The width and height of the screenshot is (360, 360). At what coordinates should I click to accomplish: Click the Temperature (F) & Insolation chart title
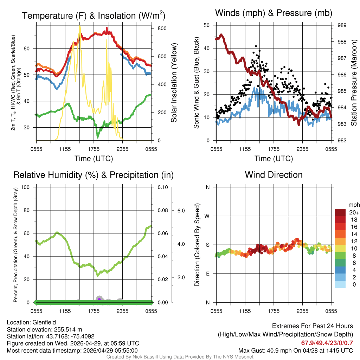point(94,15)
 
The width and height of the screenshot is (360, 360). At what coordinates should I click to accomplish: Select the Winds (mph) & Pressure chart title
point(274,13)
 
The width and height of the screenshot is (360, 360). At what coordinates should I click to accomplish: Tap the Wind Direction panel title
point(274,175)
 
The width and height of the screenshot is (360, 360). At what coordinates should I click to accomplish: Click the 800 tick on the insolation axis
point(157,28)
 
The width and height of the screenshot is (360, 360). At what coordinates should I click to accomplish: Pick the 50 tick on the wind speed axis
point(207,25)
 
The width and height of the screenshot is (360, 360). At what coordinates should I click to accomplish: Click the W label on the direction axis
point(207,216)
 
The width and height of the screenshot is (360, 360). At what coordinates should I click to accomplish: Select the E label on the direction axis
point(207,274)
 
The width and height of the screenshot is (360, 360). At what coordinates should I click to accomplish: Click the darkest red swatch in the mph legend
point(340,212)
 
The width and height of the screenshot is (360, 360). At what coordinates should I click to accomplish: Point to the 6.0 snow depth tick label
point(180,210)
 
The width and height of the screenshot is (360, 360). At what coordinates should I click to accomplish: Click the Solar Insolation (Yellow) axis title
point(174,83)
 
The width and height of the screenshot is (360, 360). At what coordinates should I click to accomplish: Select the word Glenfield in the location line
point(44,322)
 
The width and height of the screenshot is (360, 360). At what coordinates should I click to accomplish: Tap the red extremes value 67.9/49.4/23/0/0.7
point(327,343)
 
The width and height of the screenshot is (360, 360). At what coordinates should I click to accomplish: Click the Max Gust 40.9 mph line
point(295,350)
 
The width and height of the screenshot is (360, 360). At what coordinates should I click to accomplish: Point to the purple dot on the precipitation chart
point(99,299)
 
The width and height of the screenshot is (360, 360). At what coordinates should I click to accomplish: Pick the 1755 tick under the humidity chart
point(94,311)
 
